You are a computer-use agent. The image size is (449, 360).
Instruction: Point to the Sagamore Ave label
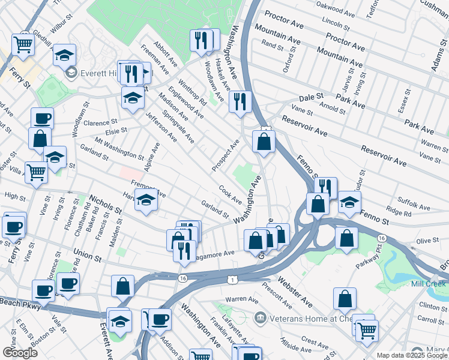215,254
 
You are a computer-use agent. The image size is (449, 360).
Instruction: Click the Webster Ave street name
295,289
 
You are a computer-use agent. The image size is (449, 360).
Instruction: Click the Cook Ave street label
230,194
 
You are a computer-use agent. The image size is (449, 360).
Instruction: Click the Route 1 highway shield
232,280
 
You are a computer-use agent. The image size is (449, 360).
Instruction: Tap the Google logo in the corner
20,353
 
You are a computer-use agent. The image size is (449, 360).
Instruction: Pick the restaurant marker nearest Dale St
240,100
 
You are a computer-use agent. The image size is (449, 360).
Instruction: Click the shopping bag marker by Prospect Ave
264,142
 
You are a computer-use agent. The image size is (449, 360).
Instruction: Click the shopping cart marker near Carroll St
366,329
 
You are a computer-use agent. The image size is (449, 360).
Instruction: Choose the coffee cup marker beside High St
13,226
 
